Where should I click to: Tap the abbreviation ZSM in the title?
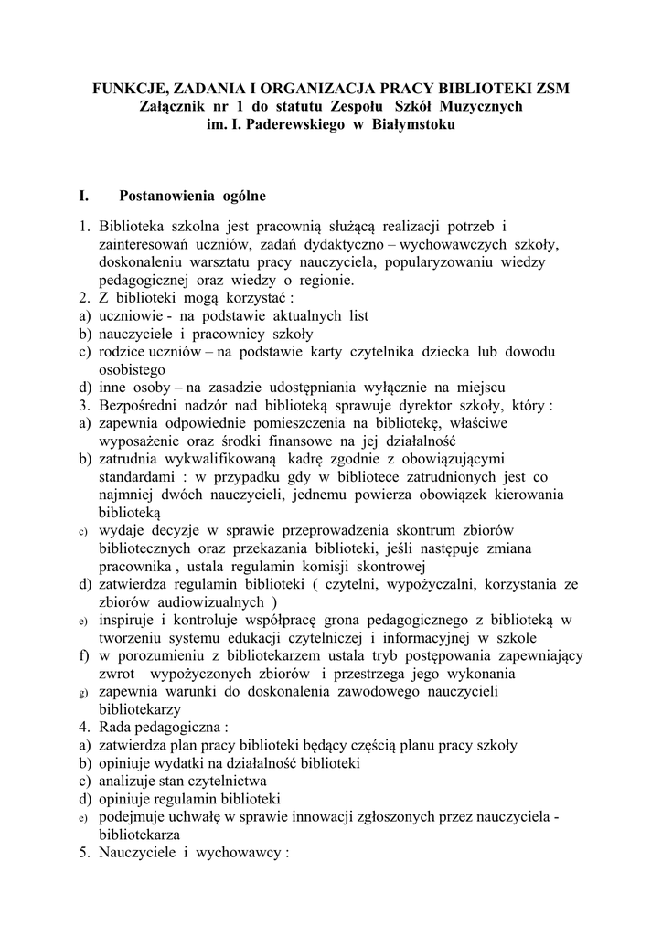coord(550,89)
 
